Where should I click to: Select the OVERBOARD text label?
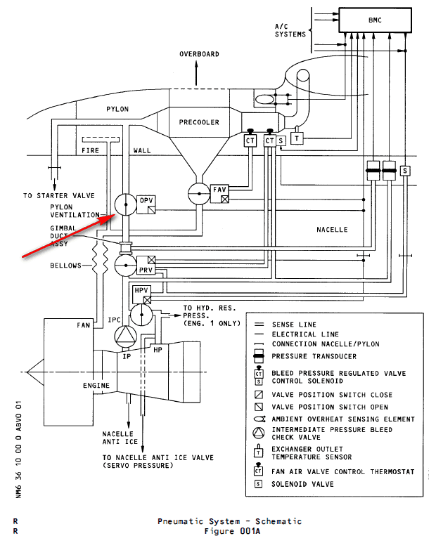(199, 54)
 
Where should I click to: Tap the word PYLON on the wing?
(117, 110)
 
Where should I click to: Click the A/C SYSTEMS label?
(290, 30)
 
